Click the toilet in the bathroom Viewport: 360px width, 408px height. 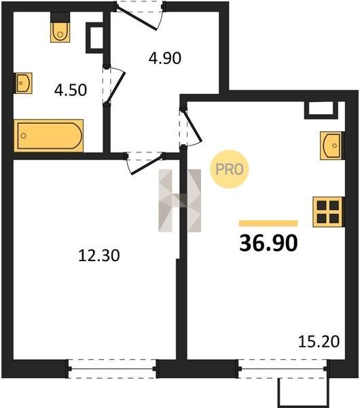pos(60,27)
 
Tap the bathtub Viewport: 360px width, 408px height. pos(49,135)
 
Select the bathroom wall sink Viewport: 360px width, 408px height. pos(23,83)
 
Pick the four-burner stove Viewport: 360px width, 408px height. pos(329,211)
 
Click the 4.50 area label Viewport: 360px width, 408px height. pos(71,90)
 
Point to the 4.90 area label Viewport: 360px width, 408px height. pos(165,58)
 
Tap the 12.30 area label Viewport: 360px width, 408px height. pos(99,255)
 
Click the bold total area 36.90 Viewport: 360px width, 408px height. pos(268,243)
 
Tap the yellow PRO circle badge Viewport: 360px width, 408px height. pos(230,169)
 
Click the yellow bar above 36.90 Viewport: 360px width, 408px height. pos(268,223)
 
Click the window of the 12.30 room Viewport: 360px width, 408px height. pos(112,369)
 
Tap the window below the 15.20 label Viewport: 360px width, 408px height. pos(283,369)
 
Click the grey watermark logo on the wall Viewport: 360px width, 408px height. pos(180,201)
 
